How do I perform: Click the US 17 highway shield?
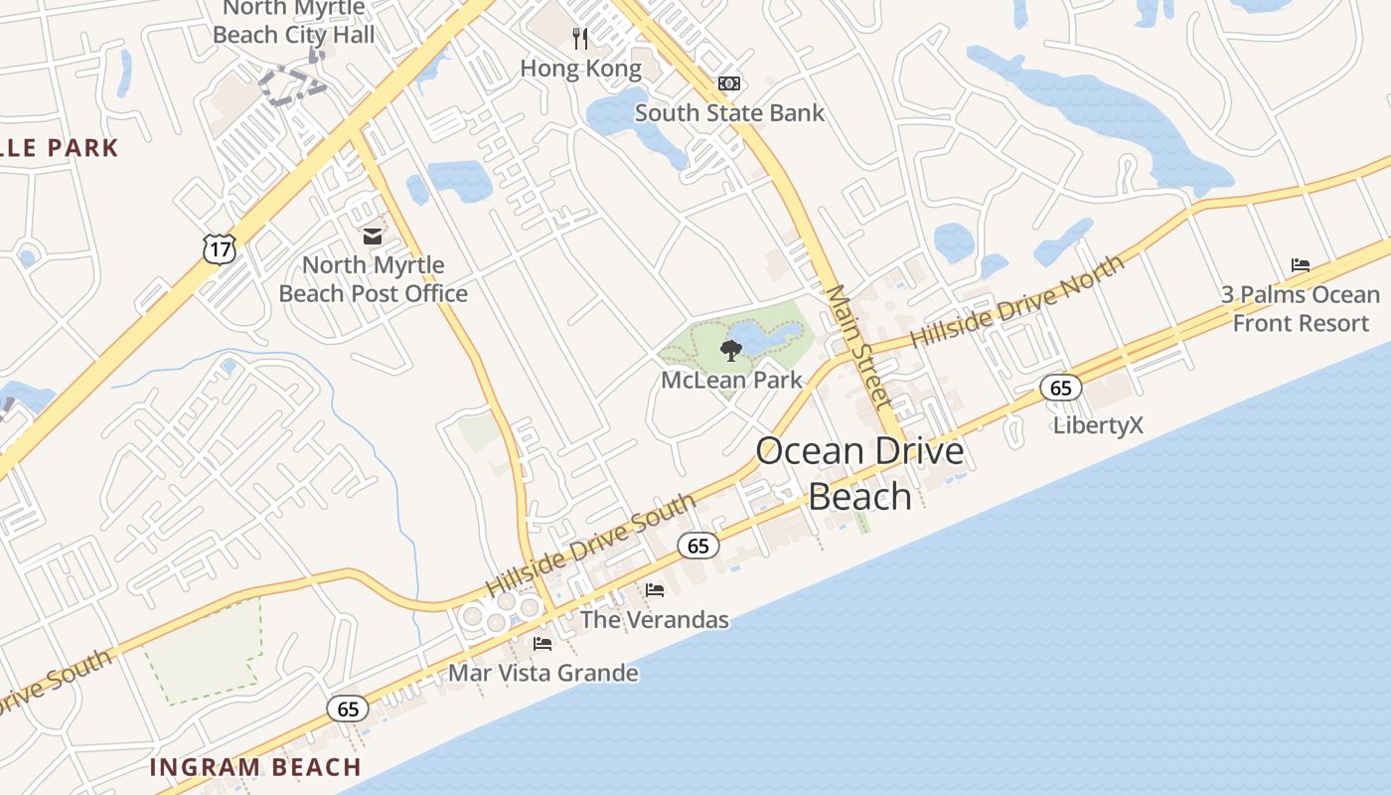tap(219, 248)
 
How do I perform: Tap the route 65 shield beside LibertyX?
tap(1060, 388)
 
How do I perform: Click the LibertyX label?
tap(1098, 425)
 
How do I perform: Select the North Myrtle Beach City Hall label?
tap(294, 22)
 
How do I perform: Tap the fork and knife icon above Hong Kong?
tap(581, 39)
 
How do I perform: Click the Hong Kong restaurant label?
tap(581, 69)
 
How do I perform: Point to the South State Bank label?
tap(729, 112)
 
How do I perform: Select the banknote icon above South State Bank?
tap(729, 83)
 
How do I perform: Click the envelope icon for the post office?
tap(372, 237)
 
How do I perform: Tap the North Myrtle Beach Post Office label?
tap(374, 279)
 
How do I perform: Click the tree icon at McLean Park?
tap(731, 350)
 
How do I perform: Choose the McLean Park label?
tap(731, 380)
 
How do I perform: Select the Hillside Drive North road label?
tap(1017, 300)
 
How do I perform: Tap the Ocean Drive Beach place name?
tap(859, 473)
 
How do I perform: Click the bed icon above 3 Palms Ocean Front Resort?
tap(1300, 265)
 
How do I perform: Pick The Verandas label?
tap(654, 620)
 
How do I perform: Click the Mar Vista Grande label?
tap(542, 673)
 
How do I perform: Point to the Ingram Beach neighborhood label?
tap(255, 767)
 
